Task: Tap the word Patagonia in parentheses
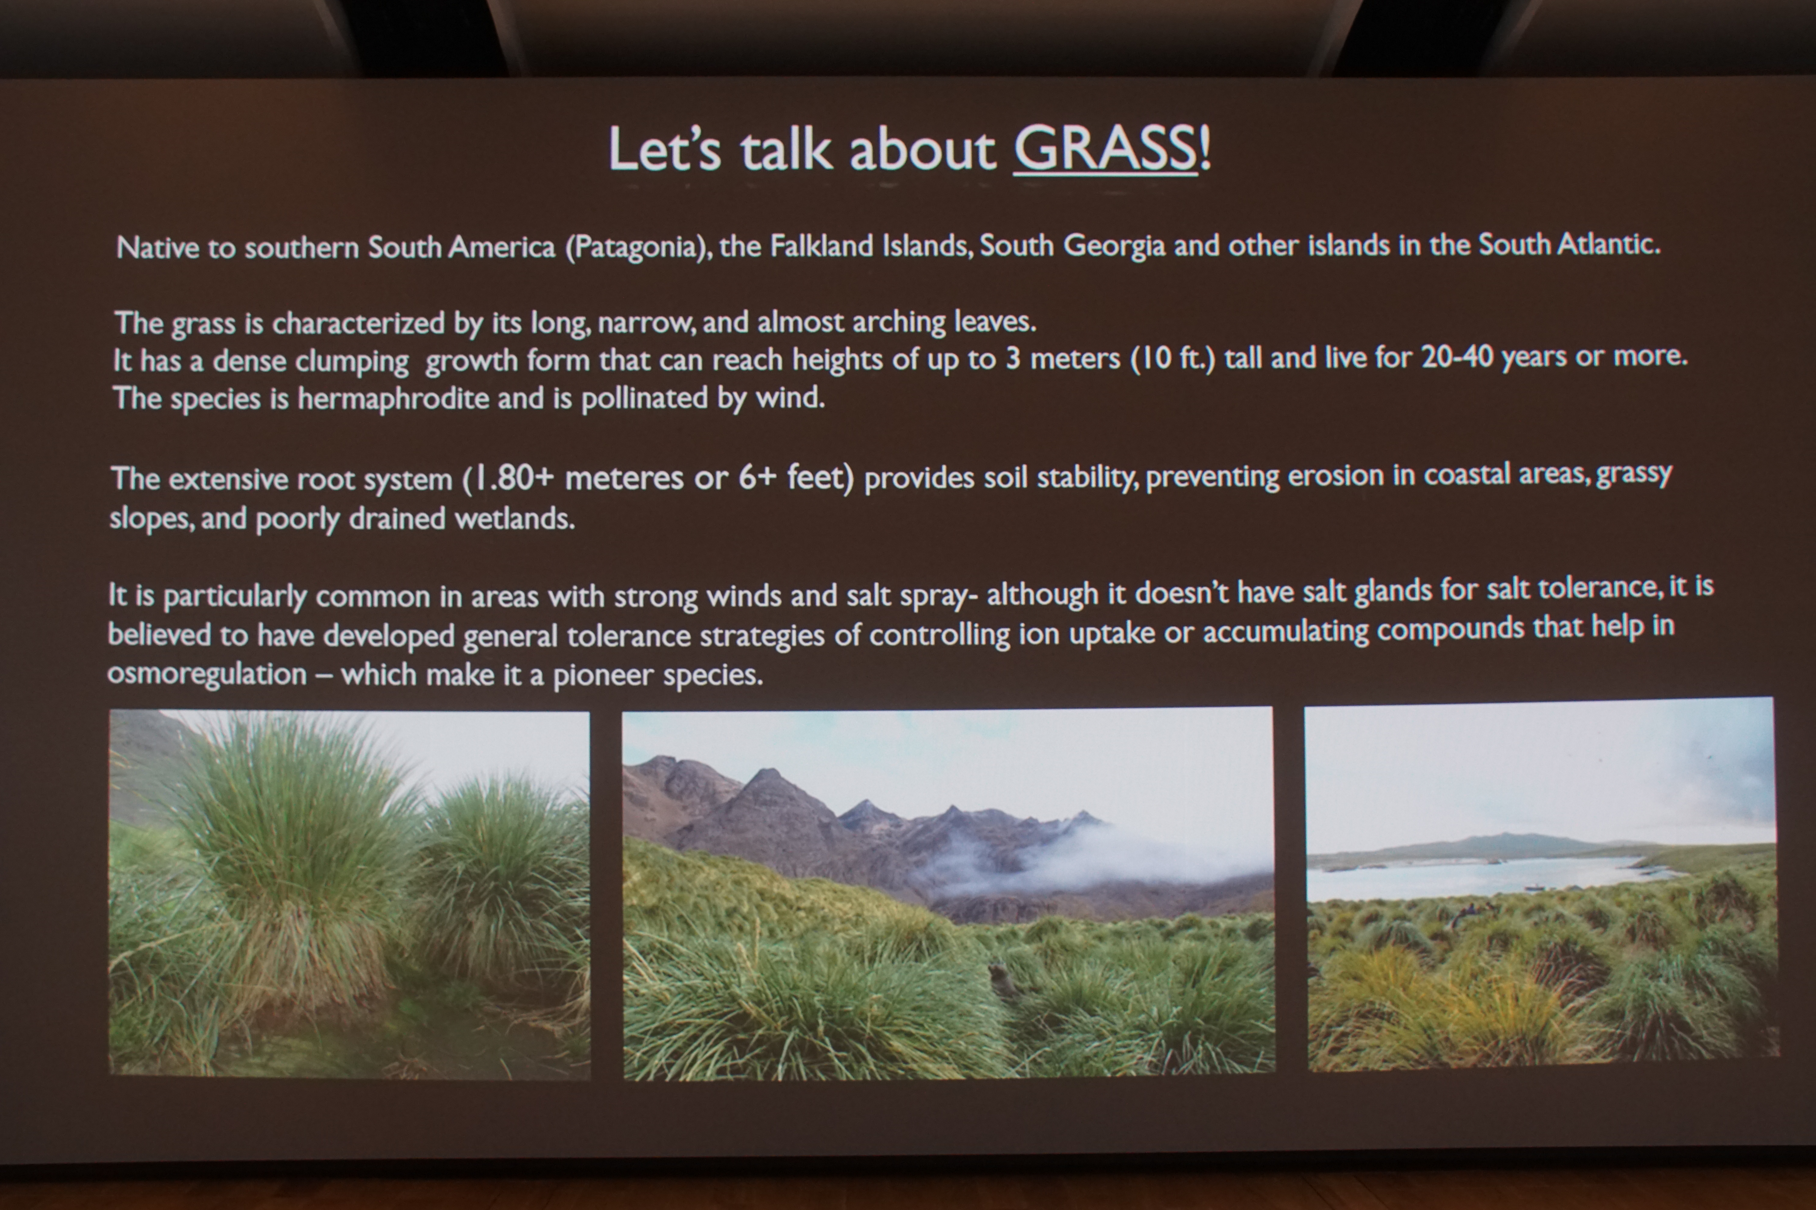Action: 637,247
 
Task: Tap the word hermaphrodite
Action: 394,398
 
